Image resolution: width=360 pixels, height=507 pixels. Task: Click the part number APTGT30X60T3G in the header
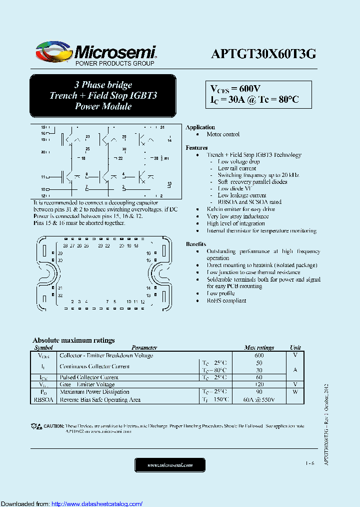click(x=263, y=54)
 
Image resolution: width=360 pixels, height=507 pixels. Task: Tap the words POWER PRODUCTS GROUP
click(x=114, y=64)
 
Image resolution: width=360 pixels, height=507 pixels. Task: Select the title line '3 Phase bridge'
click(x=103, y=85)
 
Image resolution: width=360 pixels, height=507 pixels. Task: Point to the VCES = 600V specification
click(x=235, y=88)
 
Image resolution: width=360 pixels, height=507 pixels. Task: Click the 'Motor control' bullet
click(x=223, y=134)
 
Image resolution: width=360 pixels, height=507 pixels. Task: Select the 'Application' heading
click(x=200, y=127)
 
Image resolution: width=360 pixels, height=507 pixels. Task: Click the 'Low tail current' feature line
click(x=236, y=168)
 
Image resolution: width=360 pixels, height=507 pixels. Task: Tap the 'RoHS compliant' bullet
click(x=226, y=301)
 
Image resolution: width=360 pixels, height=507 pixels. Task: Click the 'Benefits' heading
click(x=196, y=244)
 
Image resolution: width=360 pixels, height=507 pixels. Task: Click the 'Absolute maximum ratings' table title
click(x=73, y=340)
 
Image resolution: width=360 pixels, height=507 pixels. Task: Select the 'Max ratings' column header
click(x=259, y=348)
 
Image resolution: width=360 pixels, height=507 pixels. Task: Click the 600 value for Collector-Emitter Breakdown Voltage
click(x=259, y=355)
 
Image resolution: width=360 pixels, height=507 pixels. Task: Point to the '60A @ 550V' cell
click(x=259, y=400)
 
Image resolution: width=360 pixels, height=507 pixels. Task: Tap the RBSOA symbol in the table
click(x=43, y=400)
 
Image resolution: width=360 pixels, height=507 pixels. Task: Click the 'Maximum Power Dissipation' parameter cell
click(x=94, y=392)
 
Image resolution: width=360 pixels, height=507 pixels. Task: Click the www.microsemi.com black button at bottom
click(x=170, y=465)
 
